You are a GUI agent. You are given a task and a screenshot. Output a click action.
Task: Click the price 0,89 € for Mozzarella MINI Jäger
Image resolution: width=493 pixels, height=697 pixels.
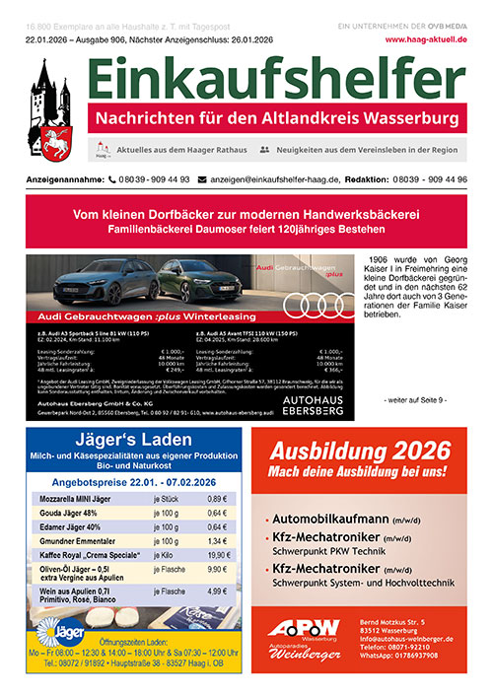pyautogui.click(x=218, y=499)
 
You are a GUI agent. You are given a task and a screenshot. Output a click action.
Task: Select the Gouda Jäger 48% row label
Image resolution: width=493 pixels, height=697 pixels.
pyautogui.click(x=71, y=513)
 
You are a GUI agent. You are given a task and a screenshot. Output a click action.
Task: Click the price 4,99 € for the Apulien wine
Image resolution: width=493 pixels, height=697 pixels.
pyautogui.click(x=218, y=591)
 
